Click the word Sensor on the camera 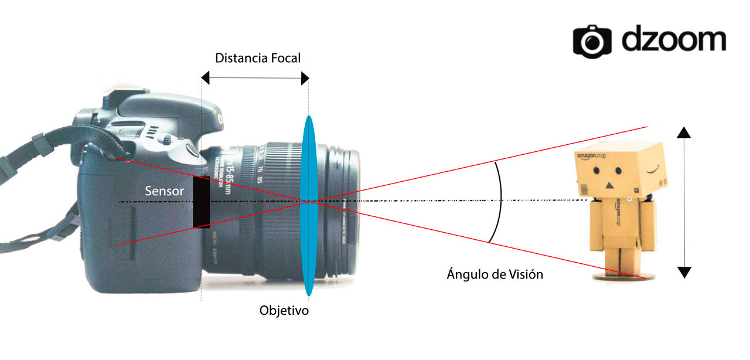point(165,191)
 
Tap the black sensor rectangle point(202,202)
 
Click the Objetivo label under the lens point(284,310)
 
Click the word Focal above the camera point(285,58)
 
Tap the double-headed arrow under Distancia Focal point(255,77)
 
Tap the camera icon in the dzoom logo point(592,40)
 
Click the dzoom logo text point(674,40)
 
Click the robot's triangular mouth point(609,185)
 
